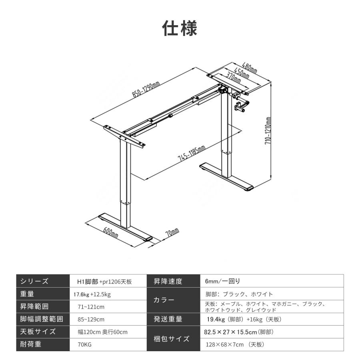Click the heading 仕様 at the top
[180, 28]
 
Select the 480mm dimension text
[249, 68]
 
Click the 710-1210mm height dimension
[268, 130]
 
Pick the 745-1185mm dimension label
[192, 153]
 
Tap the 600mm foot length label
[110, 232]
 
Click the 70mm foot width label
[172, 232]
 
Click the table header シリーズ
[34, 281]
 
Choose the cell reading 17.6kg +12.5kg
[92, 294]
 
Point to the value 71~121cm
[91, 307]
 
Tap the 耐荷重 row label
[30, 344]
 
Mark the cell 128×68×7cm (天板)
[235, 345]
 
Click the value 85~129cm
[91, 320]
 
